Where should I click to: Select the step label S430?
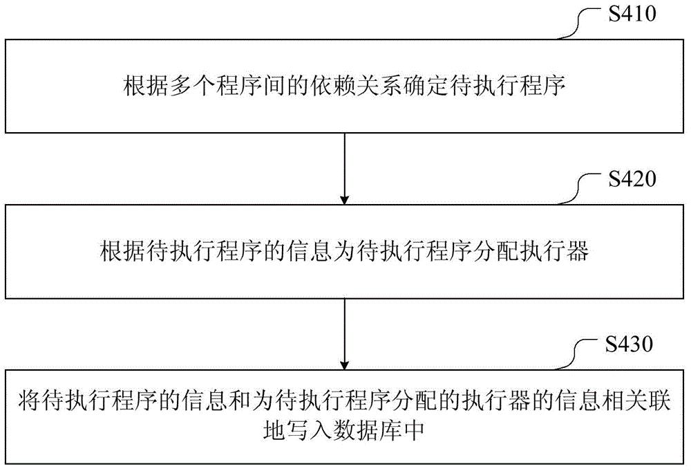tap(629, 344)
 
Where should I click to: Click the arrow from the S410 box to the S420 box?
tap(345, 169)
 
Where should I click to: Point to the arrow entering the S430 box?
tap(345, 334)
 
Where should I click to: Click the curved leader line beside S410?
tap(580, 23)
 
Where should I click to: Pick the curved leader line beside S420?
tap(580, 188)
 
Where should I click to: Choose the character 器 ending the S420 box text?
tap(577, 251)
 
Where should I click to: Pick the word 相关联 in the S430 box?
tap(636, 400)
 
